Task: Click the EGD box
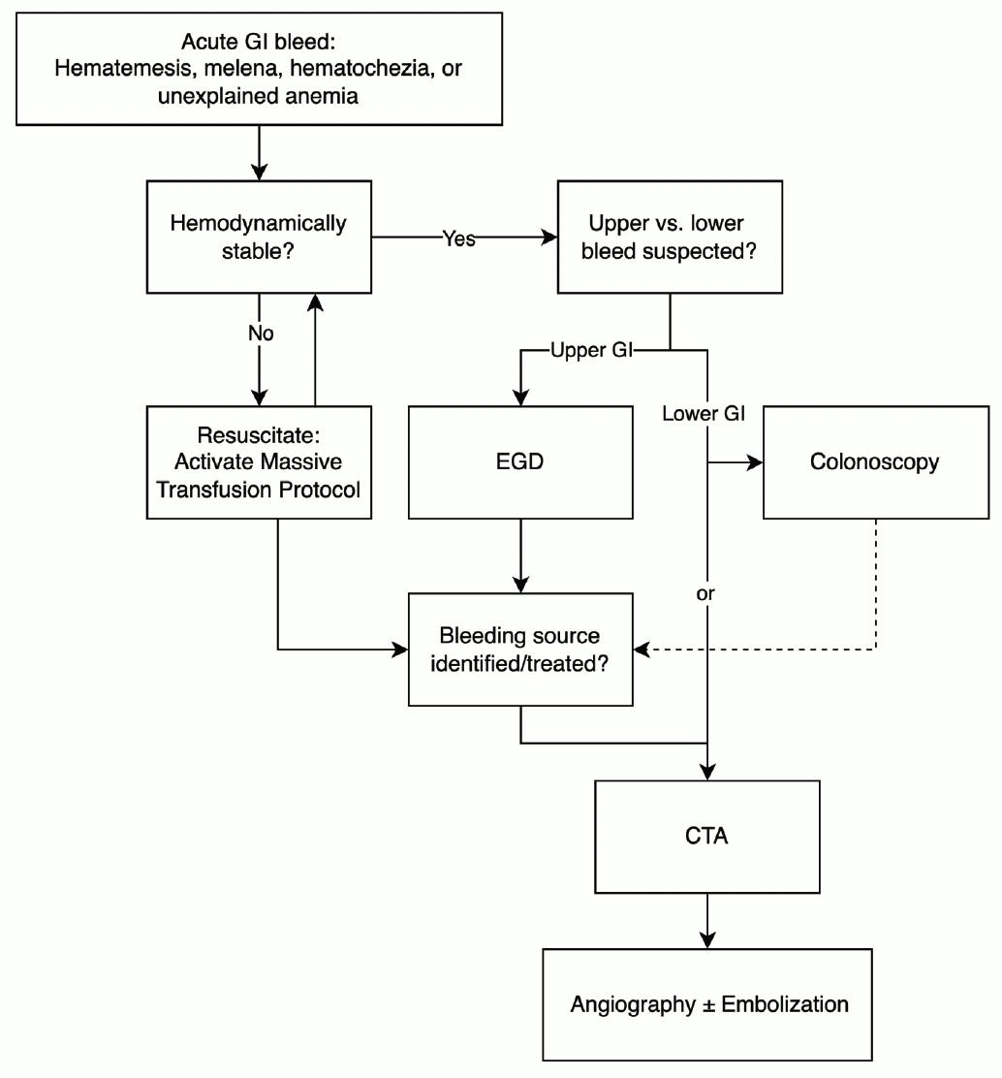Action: [520, 462]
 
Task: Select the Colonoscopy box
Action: [876, 462]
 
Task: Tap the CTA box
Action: [707, 837]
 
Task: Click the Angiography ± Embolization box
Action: [707, 1004]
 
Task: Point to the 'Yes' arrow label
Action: [458, 238]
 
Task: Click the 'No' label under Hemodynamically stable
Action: [261, 333]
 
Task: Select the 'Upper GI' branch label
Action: [592, 350]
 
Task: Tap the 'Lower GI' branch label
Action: [704, 413]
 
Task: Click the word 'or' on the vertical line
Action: [705, 594]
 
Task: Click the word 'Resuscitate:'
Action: [259, 435]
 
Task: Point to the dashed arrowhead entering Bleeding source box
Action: [642, 649]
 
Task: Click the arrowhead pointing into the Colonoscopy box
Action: [755, 462]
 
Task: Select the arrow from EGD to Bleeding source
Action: [521, 555]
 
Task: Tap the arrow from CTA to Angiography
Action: [707, 921]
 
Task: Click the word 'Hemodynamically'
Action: [259, 224]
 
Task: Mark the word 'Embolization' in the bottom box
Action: [785, 1004]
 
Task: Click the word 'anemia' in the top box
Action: [322, 96]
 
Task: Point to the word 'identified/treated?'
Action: [519, 664]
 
